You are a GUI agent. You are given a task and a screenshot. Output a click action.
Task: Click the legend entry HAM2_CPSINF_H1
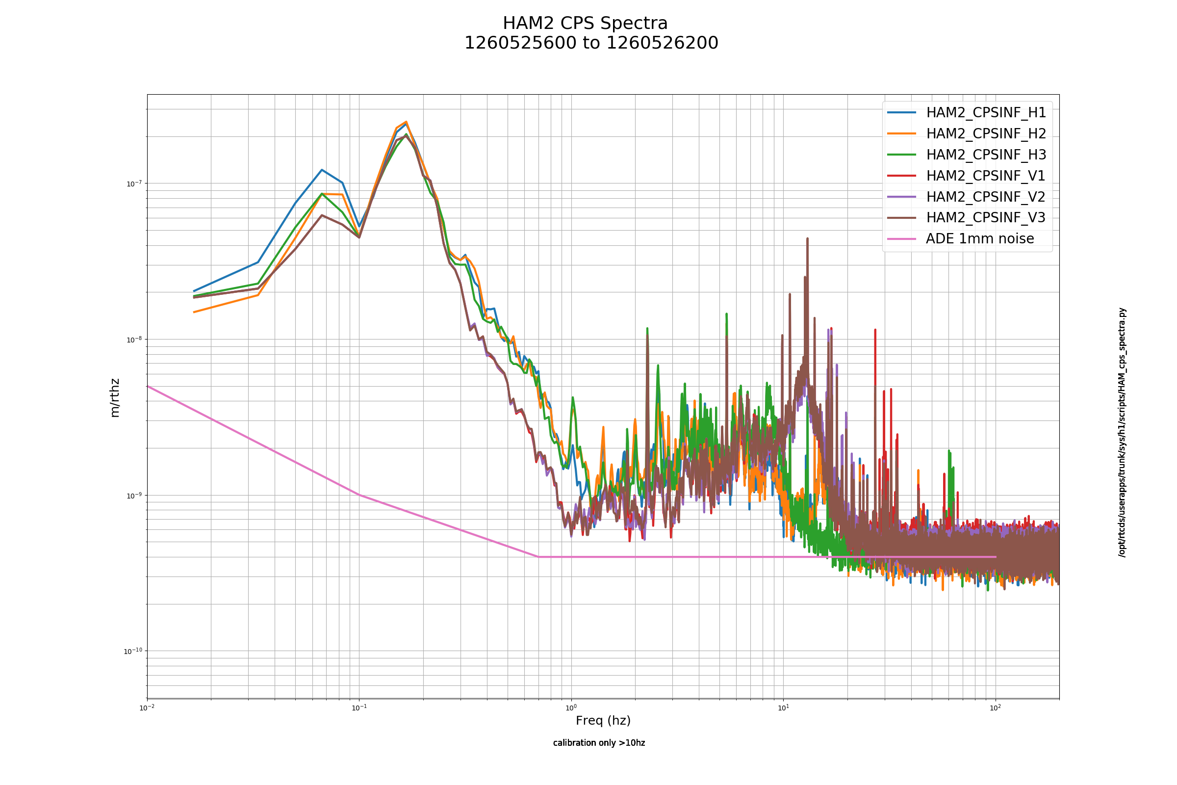[986, 113]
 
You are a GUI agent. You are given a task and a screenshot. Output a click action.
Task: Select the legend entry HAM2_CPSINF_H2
[986, 133]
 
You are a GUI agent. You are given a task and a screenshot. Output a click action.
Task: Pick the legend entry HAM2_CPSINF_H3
[986, 155]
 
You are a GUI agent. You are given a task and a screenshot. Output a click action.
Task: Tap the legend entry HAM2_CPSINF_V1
[986, 176]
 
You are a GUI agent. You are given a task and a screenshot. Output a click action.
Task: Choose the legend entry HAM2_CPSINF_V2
[986, 197]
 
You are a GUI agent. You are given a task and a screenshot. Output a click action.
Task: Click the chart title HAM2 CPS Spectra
[585, 24]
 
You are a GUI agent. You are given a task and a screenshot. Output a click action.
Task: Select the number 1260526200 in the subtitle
[662, 43]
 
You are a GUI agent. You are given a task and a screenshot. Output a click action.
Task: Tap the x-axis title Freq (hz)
[603, 720]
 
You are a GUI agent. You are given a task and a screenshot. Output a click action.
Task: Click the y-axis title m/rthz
[115, 398]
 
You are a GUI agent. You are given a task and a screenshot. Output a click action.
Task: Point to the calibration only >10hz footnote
[599, 743]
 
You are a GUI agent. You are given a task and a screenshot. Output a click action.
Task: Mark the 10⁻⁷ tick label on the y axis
[134, 183]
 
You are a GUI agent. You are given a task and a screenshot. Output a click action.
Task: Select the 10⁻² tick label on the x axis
[147, 707]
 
